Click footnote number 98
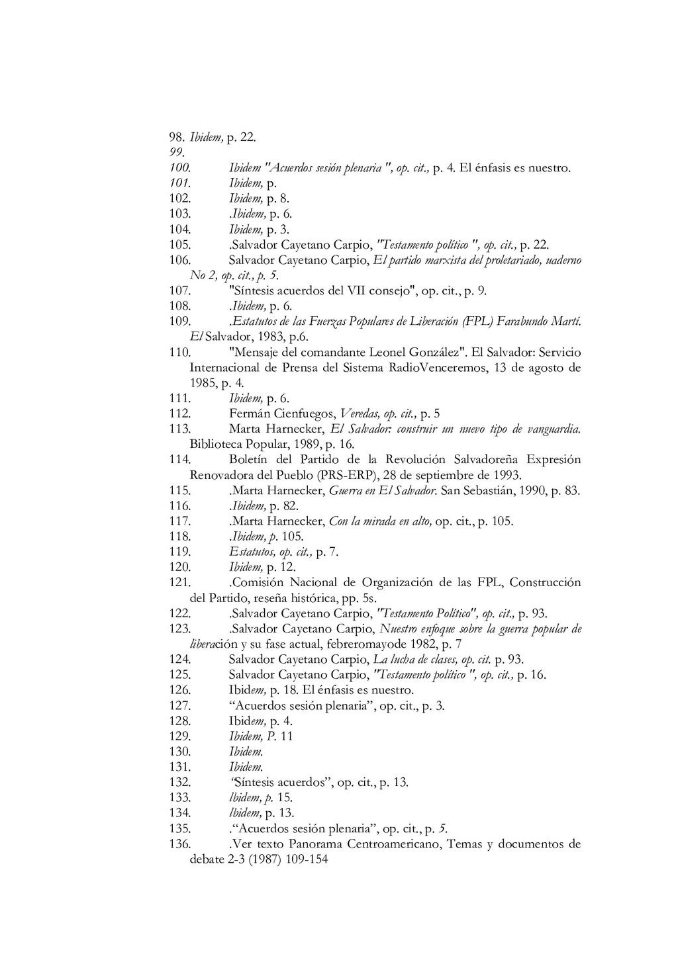pyautogui.click(x=176, y=138)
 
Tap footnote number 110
pyautogui.click(x=180, y=352)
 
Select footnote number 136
pyautogui.click(x=180, y=844)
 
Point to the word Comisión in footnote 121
pyautogui.click(x=258, y=582)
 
